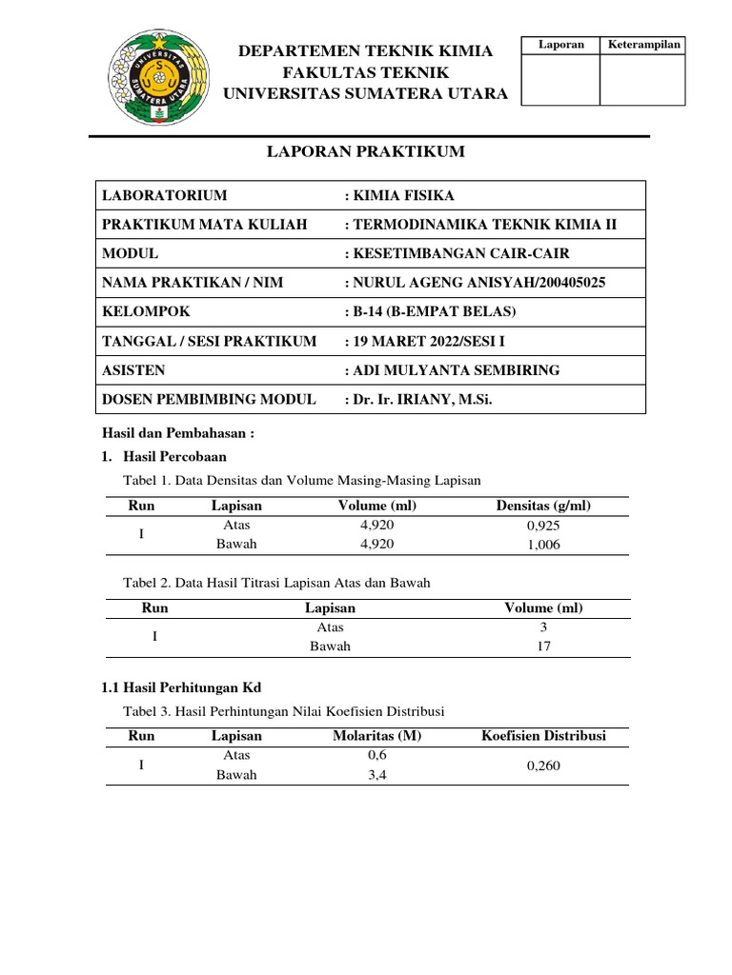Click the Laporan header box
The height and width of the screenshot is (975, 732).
pyautogui.click(x=560, y=46)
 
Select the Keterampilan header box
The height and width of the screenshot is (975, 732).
pyautogui.click(x=643, y=46)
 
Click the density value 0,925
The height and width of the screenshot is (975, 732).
pyautogui.click(x=543, y=525)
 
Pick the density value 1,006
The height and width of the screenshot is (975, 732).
pyautogui.click(x=543, y=545)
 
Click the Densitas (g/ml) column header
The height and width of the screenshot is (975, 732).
pyautogui.click(x=543, y=506)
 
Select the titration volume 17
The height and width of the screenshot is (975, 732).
pyautogui.click(x=543, y=647)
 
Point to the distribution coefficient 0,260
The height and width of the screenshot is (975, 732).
pyautogui.click(x=543, y=765)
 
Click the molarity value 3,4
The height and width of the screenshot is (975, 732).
pyautogui.click(x=376, y=775)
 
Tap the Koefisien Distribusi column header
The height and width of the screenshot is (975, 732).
pyautogui.click(x=543, y=736)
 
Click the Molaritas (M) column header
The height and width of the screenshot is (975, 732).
pyautogui.click(x=376, y=736)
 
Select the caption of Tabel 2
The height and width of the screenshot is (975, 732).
pyautogui.click(x=277, y=583)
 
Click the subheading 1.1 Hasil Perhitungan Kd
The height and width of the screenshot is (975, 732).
pyautogui.click(x=181, y=686)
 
